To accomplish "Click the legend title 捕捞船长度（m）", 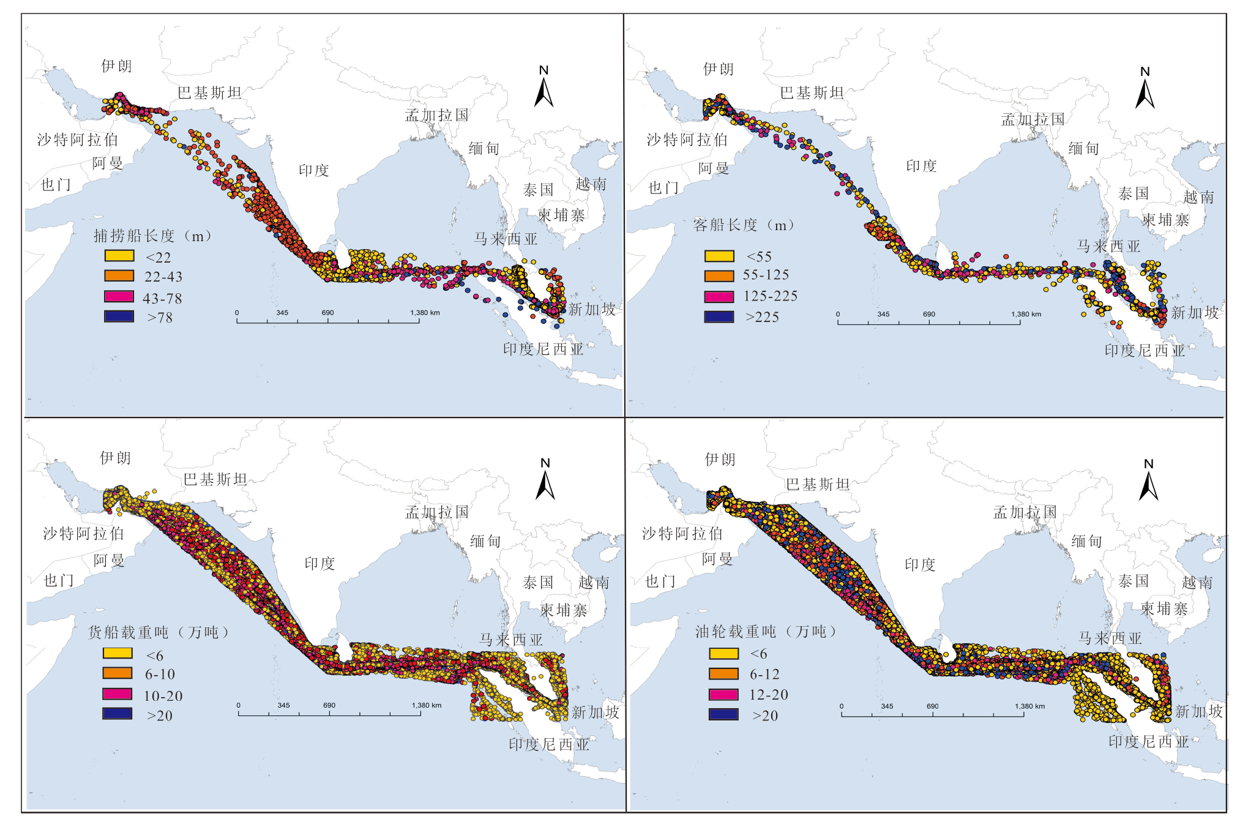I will click(x=153, y=236).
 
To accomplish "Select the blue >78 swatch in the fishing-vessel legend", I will click(x=119, y=316).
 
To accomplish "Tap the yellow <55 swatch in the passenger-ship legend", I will click(x=719, y=256).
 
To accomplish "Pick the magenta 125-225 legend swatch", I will click(x=719, y=296).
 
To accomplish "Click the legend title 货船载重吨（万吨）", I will click(x=159, y=632).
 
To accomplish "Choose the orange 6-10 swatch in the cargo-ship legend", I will click(x=118, y=673).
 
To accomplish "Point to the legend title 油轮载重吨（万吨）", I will click(x=766, y=631).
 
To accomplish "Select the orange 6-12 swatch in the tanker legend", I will click(x=723, y=673).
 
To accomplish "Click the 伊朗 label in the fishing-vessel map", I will click(x=116, y=66).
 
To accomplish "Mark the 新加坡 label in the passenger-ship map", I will click(x=1195, y=313).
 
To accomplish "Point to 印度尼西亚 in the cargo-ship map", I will click(x=549, y=744).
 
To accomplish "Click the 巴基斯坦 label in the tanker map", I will click(x=818, y=485).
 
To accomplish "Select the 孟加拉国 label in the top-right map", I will click(x=1033, y=119).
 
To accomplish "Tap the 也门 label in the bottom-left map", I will click(x=59, y=580).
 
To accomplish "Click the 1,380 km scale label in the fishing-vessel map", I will click(x=425, y=313).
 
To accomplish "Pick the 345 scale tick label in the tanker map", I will click(x=887, y=706).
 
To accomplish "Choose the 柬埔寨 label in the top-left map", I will click(x=561, y=215).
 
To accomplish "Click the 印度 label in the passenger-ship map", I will click(x=921, y=166).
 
